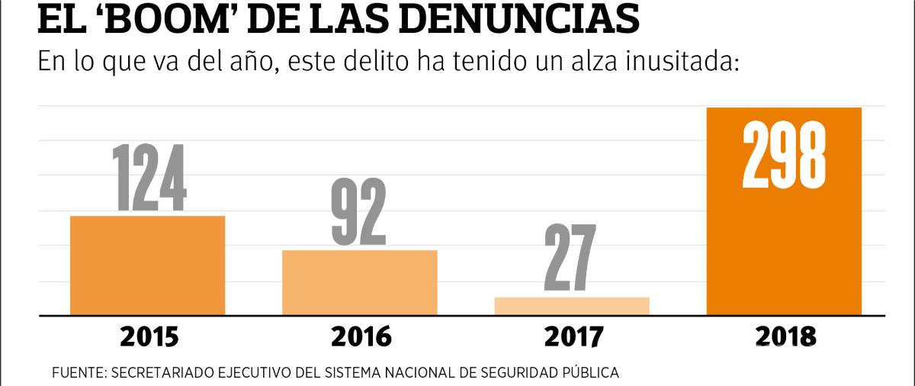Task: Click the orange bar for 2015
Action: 147,265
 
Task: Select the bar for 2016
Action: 359,281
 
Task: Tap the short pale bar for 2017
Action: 572,305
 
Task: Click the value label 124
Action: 149,178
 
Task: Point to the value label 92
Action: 358,212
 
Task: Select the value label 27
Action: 570,259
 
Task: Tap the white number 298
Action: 784,157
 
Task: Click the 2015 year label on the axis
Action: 149,336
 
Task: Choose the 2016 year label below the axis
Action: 361,336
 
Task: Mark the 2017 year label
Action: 573,336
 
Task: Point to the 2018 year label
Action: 785,336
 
